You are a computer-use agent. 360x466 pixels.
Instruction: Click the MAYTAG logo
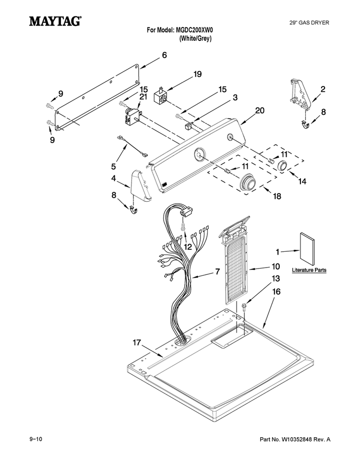coord(55,21)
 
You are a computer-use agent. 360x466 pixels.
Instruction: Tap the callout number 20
coord(260,110)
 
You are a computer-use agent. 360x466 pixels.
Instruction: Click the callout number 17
coord(137,343)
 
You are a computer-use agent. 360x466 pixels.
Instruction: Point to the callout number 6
coord(164,55)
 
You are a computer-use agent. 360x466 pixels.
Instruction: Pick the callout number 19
coord(198,74)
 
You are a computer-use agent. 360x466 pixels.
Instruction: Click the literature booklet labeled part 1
coord(307,248)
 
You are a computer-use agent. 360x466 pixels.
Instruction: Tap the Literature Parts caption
coord(309,270)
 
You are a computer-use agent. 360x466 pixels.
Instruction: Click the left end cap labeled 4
coord(141,186)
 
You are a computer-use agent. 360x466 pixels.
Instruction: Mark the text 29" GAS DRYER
coord(309,23)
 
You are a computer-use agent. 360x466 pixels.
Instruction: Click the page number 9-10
coord(36,439)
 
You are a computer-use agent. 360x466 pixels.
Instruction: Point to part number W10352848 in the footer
coord(295,440)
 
